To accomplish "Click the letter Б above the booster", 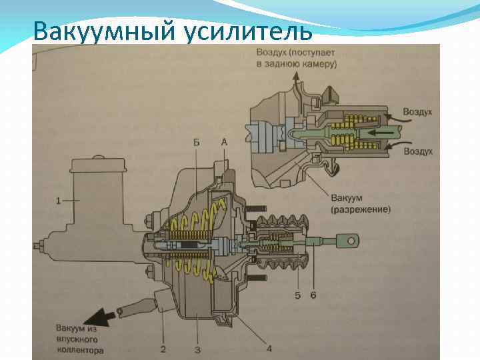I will coord(197,142).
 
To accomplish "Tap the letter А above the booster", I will coord(224,142).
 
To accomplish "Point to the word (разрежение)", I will coord(360,209).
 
